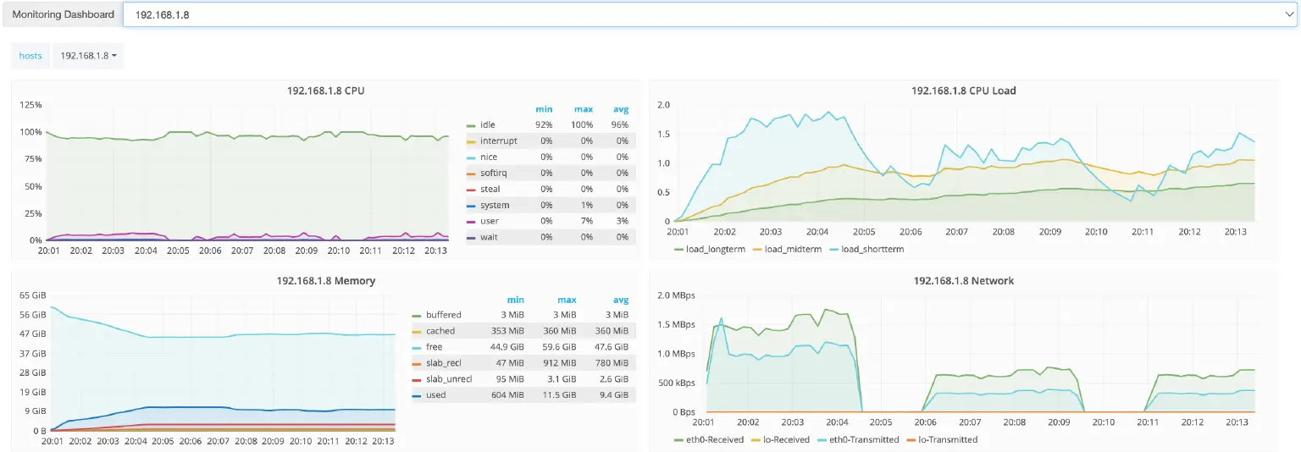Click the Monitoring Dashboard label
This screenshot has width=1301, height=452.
(64, 14)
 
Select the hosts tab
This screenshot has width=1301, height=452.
(30, 56)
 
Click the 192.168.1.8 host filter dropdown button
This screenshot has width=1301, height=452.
(88, 56)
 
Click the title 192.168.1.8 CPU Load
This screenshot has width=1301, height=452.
(963, 91)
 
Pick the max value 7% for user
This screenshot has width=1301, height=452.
(585, 222)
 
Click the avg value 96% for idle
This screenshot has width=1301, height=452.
(621, 125)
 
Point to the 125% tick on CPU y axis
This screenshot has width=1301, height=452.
(30, 105)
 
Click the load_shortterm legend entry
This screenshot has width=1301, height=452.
(872, 250)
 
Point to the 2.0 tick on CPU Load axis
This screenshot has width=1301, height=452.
(663, 105)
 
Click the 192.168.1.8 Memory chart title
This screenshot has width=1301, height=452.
(325, 281)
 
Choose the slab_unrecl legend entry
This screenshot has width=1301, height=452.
(449, 379)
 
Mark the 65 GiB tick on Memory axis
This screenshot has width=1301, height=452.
(31, 295)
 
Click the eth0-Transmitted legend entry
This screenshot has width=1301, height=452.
(864, 440)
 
